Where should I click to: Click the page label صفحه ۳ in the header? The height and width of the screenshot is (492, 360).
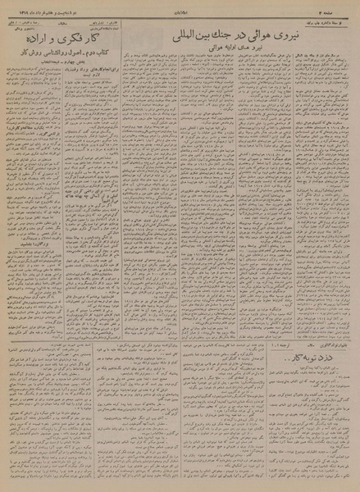pos(344,7)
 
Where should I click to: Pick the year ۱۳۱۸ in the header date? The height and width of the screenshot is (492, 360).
pos(15,7)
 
